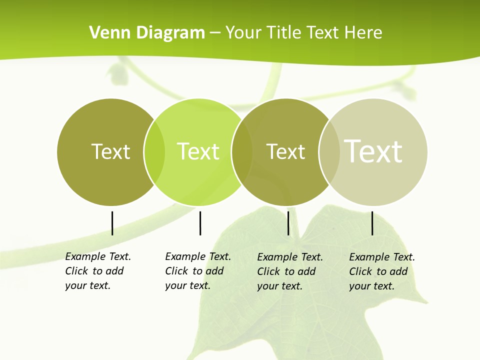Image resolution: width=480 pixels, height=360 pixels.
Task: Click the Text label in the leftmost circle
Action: click(110, 151)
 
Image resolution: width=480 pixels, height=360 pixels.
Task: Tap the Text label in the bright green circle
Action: click(198, 151)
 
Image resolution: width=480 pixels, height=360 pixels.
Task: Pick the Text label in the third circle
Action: click(285, 151)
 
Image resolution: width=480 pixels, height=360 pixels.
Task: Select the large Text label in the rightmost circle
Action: click(373, 151)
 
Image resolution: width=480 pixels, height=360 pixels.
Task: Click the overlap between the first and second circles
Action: click(154, 152)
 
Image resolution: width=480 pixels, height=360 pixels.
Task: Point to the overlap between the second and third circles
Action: click(242, 152)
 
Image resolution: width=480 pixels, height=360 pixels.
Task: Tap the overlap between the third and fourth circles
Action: click(329, 152)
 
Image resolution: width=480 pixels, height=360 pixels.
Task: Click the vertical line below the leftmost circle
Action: click(112, 223)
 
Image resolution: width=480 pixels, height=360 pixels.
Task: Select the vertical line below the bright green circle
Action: click(200, 223)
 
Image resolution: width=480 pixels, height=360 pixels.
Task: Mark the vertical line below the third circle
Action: click(288, 223)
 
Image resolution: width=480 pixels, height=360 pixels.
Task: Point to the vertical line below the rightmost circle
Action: click(372, 223)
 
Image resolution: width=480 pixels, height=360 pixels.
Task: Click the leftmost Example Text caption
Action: click(98, 271)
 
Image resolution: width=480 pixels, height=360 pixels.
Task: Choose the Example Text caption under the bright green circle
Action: click(198, 271)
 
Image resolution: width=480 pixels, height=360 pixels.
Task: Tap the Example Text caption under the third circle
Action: click(290, 271)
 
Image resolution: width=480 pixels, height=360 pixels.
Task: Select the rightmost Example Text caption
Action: click(382, 271)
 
